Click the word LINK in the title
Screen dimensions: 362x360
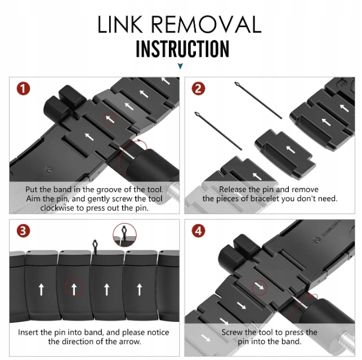click(120, 24)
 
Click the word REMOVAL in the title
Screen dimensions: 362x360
click(207, 24)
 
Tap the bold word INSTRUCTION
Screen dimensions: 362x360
click(182, 49)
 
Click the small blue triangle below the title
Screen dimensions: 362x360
click(180, 66)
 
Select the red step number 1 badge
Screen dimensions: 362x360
click(23, 88)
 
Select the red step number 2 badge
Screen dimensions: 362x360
click(198, 88)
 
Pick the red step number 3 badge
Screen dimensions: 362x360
click(23, 231)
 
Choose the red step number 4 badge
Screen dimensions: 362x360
click(198, 231)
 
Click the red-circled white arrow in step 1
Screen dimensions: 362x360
click(110, 118)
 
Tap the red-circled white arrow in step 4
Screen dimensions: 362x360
click(260, 287)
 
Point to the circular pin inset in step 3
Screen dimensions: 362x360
click(124, 235)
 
